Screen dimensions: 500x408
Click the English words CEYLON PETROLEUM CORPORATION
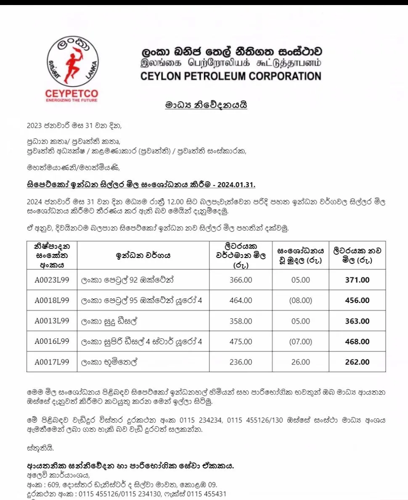(x=231, y=76)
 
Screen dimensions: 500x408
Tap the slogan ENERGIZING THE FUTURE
(x=72, y=100)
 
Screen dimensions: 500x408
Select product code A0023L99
(x=52, y=280)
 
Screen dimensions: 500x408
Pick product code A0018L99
(x=52, y=301)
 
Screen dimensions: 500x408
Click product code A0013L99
(x=52, y=321)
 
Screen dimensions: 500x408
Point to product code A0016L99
(x=52, y=341)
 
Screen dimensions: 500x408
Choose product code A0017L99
(x=52, y=362)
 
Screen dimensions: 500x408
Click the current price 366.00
(x=241, y=280)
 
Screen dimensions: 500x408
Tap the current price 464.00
(x=241, y=301)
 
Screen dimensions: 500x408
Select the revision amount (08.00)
(x=300, y=301)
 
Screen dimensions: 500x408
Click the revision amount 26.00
(x=300, y=362)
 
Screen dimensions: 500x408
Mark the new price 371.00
(x=357, y=280)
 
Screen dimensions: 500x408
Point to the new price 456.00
(x=357, y=301)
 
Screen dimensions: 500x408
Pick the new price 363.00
(x=357, y=321)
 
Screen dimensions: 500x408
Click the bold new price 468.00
(x=357, y=341)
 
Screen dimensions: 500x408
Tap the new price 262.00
(x=357, y=362)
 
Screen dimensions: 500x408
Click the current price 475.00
(x=241, y=341)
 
